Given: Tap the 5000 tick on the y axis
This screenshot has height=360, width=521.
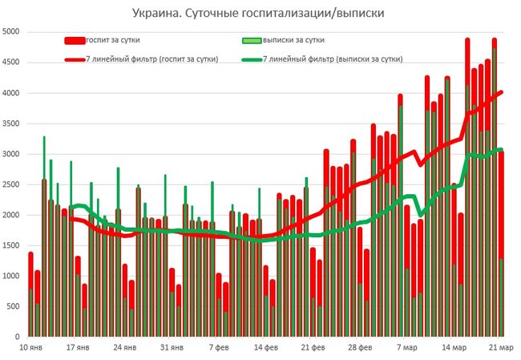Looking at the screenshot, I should [12, 32].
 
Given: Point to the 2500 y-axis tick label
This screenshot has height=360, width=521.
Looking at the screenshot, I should [12, 184].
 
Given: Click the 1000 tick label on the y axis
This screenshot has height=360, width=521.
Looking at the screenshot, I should [12, 276].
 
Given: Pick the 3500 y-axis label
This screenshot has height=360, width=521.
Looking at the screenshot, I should [12, 123].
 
